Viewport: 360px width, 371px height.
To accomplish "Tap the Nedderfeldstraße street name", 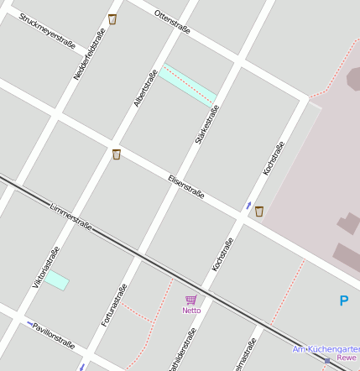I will tap(89, 54).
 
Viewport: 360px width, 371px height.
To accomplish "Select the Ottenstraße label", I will tap(172, 22).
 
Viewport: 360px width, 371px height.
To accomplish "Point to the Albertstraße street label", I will tap(145, 88).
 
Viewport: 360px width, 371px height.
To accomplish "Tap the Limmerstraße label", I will tap(70, 216).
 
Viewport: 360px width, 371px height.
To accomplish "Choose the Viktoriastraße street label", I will tap(46, 267).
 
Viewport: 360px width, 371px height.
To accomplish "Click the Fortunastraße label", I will tap(114, 305).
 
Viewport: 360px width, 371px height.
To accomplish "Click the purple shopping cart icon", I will tap(191, 300).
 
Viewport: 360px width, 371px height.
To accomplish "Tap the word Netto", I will tap(191, 311).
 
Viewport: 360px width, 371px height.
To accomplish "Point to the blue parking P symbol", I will tap(343, 300).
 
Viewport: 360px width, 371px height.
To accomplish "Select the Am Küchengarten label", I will tap(326, 349).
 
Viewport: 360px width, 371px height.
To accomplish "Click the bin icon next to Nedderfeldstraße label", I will tap(112, 19).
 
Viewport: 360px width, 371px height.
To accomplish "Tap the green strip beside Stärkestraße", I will tap(190, 84).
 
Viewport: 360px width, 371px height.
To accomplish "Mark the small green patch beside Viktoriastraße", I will tap(57, 280).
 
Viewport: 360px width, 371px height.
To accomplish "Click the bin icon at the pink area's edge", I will tap(259, 212).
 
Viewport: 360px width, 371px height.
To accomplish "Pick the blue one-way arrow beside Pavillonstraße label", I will tap(31, 324).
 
